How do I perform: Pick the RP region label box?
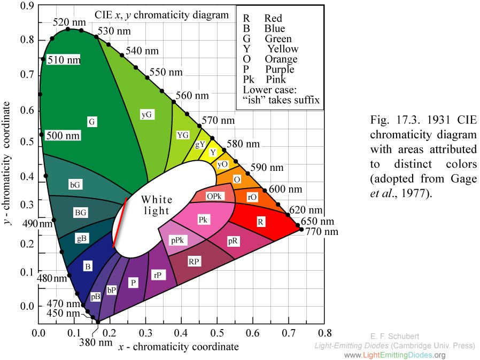click(x=194, y=261)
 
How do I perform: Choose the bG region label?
click(x=76, y=185)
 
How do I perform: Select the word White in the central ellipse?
click(x=157, y=200)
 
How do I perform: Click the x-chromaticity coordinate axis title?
click(x=179, y=347)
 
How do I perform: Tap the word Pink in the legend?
click(x=275, y=80)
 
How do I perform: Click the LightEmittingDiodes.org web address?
click(x=394, y=355)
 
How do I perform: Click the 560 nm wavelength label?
click(x=192, y=96)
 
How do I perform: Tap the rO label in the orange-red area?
click(x=252, y=197)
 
